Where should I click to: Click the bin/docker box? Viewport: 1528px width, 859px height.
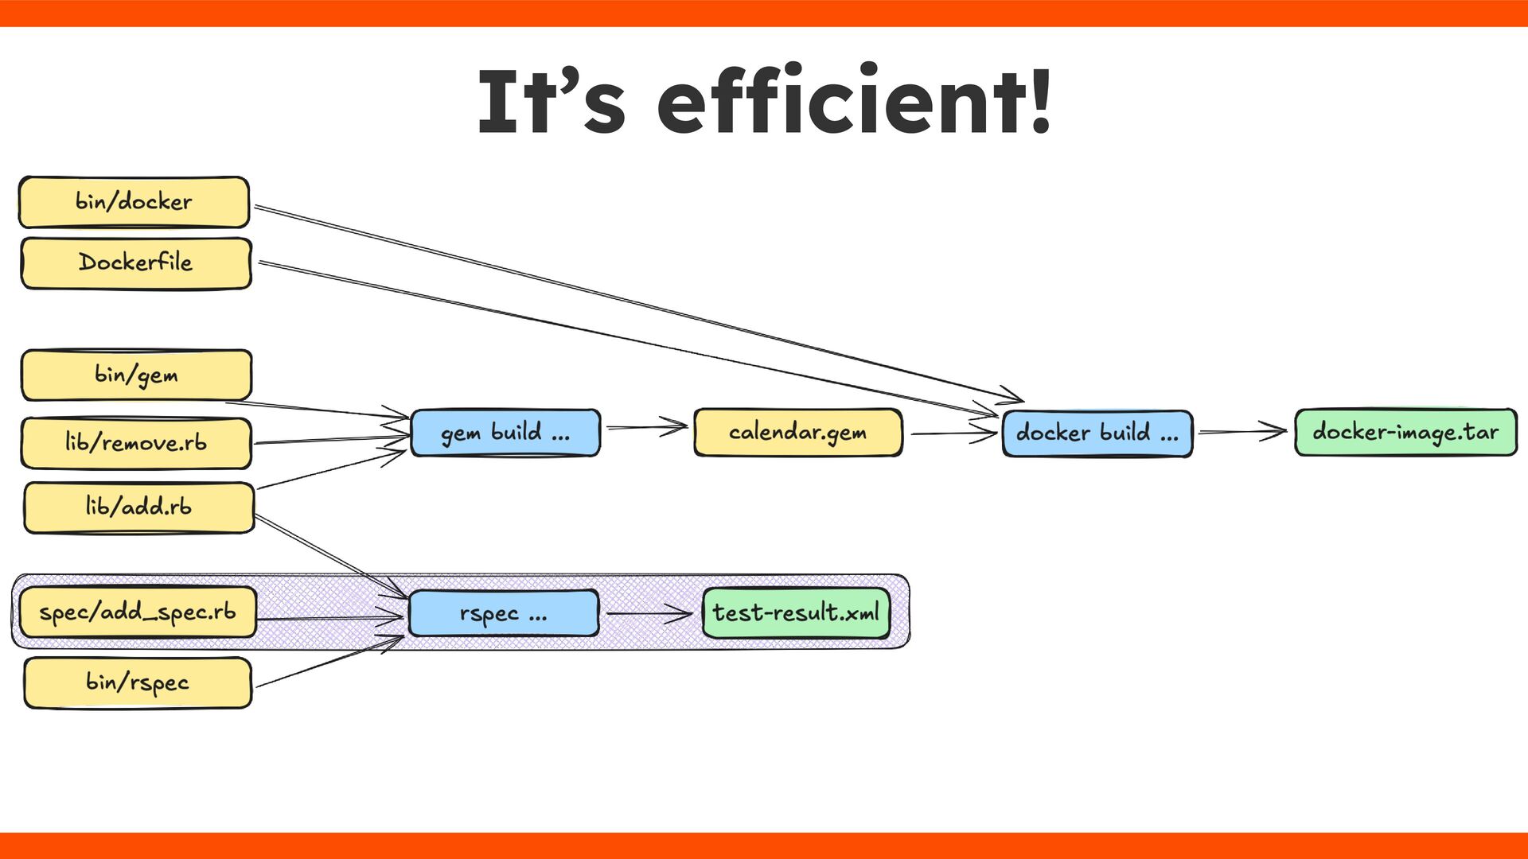134,202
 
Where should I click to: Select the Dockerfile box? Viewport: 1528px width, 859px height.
135,262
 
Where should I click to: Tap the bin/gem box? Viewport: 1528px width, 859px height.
136,375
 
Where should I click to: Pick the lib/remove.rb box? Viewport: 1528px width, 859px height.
136,443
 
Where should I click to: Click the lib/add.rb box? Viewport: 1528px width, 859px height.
138,507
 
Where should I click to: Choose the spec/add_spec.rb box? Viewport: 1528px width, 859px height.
138,612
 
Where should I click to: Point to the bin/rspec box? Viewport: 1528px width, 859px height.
138,682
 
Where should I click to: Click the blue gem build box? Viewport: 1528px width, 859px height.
505,433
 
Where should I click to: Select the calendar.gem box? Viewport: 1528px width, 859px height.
797,433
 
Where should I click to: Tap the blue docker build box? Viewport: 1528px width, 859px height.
1097,433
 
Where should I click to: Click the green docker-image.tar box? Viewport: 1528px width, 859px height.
1405,433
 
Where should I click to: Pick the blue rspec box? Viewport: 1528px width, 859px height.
503,613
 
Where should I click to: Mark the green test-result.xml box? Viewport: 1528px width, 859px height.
796,612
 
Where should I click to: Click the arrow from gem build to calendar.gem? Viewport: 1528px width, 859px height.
646,427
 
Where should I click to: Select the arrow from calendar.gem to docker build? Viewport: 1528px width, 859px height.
953,433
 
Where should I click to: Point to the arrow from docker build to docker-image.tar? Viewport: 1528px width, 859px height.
1242,432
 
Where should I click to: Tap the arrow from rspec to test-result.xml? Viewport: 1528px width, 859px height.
649,613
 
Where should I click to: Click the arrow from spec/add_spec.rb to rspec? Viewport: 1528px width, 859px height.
330,617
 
